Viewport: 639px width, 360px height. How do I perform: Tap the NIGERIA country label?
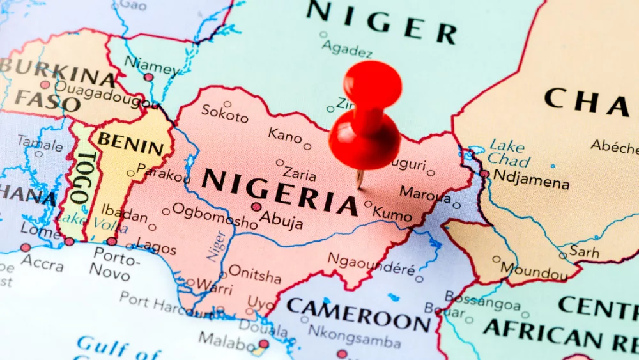click(x=280, y=190)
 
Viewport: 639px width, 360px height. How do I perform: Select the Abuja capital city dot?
click(x=256, y=207)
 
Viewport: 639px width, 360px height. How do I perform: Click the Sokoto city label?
click(x=225, y=115)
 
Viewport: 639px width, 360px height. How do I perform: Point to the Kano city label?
click(x=285, y=135)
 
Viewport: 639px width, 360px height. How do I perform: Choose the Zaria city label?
click(x=300, y=173)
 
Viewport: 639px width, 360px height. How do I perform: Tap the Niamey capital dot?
click(x=148, y=77)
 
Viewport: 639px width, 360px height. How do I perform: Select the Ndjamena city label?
click(x=531, y=182)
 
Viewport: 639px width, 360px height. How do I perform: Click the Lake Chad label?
click(x=507, y=152)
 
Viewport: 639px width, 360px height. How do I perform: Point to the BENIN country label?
click(x=130, y=145)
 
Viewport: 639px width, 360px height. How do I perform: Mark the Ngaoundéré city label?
click(x=372, y=265)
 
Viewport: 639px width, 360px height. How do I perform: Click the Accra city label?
click(x=42, y=262)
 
